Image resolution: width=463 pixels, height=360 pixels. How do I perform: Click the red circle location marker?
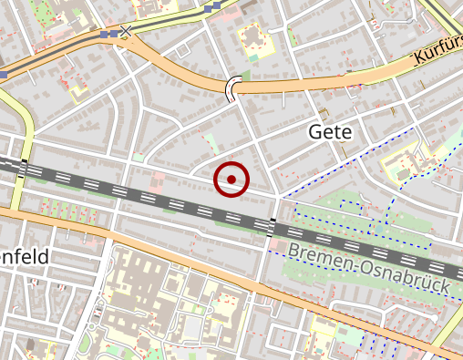click(x=231, y=180)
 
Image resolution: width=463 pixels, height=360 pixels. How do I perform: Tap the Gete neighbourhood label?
click(x=329, y=132)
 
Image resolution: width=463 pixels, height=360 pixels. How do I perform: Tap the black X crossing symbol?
click(x=126, y=32)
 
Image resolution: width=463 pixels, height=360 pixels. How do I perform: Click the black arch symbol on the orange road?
click(x=235, y=87)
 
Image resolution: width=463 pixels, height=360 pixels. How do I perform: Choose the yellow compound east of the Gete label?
click(x=402, y=163)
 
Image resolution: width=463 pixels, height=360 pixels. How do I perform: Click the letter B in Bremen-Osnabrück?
click(x=293, y=250)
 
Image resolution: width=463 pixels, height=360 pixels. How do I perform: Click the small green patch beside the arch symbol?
click(x=244, y=76)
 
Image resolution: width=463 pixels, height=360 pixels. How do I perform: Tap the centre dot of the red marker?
click(x=231, y=180)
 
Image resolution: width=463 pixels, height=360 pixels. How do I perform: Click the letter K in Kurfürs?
click(x=418, y=61)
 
